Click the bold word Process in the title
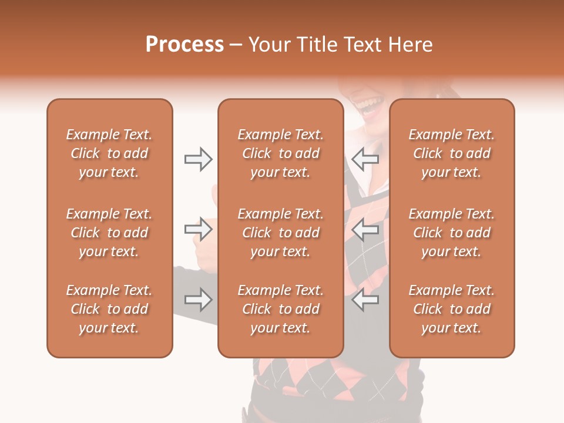click(184, 45)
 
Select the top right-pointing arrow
click(198, 159)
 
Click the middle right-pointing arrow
click(198, 229)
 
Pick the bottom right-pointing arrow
click(198, 300)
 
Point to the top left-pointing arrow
click(365, 159)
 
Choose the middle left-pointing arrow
click(365, 229)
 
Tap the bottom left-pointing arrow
click(365, 300)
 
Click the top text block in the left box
click(109, 153)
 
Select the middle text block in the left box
click(109, 233)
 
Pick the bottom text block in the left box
click(109, 309)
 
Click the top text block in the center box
click(280, 153)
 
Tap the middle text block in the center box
click(280, 233)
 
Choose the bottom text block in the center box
click(280, 309)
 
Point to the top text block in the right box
click(451, 153)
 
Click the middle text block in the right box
click(451, 233)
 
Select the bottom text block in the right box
click(451, 309)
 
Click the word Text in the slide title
click(364, 45)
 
